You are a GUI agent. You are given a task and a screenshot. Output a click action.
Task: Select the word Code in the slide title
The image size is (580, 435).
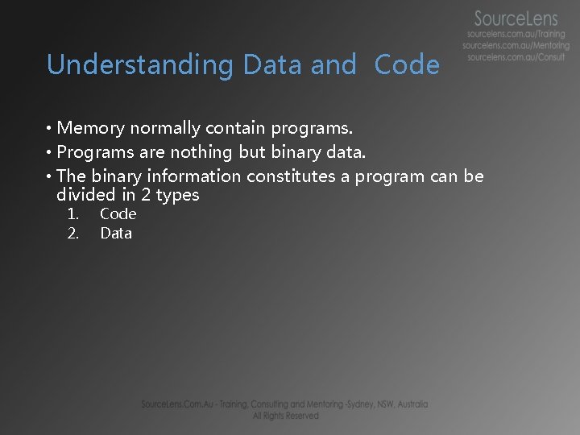click(x=407, y=64)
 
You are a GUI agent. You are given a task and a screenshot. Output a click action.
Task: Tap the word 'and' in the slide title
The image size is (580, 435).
click(x=333, y=64)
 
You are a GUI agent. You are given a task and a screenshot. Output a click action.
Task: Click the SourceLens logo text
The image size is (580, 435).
click(x=516, y=18)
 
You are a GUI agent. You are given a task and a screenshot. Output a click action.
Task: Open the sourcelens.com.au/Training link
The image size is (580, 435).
click(x=516, y=35)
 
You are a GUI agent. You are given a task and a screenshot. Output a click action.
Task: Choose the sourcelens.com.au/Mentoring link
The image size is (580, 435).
click(x=517, y=47)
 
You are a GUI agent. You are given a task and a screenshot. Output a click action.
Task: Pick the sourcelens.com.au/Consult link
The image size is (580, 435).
click(x=516, y=58)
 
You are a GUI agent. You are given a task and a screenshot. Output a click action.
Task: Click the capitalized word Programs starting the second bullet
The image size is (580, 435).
click(x=93, y=151)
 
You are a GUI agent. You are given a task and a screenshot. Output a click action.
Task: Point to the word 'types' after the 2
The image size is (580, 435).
click(x=177, y=195)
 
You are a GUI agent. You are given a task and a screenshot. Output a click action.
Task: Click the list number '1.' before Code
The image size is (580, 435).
click(x=72, y=213)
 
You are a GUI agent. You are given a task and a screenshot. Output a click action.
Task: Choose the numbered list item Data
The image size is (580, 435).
click(x=116, y=234)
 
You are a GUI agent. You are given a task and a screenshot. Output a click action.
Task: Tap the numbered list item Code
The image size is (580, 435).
click(x=118, y=213)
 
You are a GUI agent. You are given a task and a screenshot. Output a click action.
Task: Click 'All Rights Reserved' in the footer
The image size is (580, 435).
click(x=285, y=416)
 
